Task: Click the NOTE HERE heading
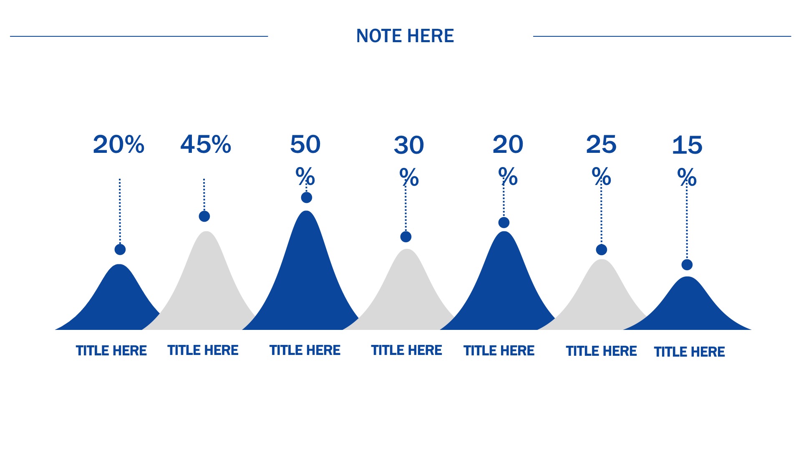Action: tap(405, 36)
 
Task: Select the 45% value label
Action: tap(206, 144)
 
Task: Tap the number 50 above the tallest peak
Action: tap(305, 144)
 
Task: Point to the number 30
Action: tap(409, 145)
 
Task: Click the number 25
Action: tap(601, 144)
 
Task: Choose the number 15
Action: tap(687, 145)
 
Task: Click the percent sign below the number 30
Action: tap(409, 177)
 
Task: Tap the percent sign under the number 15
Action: tap(687, 177)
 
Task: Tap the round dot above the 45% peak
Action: tap(204, 216)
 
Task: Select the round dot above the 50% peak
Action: tap(307, 198)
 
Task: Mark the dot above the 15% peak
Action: tap(687, 265)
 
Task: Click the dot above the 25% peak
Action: tap(602, 250)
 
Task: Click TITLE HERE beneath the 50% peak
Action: tap(305, 350)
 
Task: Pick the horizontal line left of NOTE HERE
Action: tap(139, 36)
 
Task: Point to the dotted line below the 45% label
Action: tap(204, 195)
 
